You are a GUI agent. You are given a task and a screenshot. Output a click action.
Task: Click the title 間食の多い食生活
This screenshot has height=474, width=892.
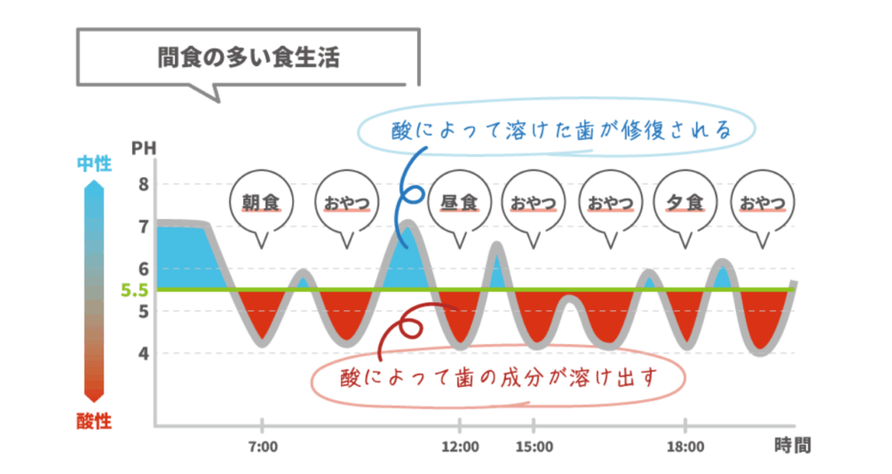pyautogui.click(x=243, y=58)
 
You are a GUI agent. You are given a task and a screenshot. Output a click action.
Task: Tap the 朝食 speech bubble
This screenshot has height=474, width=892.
pyautogui.click(x=260, y=203)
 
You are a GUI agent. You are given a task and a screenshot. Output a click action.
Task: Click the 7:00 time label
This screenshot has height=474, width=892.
pyautogui.click(x=262, y=447)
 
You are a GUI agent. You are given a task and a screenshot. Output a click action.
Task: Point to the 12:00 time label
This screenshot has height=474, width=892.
pyautogui.click(x=460, y=447)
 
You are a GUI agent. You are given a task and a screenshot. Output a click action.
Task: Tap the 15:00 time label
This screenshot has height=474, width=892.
pyautogui.click(x=534, y=447)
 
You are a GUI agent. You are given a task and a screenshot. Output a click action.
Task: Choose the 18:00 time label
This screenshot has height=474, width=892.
pyautogui.click(x=686, y=447)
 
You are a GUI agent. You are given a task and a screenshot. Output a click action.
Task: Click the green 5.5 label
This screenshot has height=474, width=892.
pyautogui.click(x=134, y=289)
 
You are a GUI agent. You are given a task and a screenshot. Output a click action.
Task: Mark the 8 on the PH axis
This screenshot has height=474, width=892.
pyautogui.click(x=143, y=184)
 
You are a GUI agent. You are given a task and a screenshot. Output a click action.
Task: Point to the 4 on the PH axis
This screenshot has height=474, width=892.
pyautogui.click(x=143, y=353)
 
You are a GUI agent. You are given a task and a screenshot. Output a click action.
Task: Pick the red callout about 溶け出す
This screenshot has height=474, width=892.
pyautogui.click(x=497, y=377)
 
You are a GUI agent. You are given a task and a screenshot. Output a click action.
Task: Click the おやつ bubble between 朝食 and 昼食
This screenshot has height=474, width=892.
pyautogui.click(x=346, y=203)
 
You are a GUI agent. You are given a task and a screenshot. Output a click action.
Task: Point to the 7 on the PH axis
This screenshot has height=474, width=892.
pyautogui.click(x=143, y=227)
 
